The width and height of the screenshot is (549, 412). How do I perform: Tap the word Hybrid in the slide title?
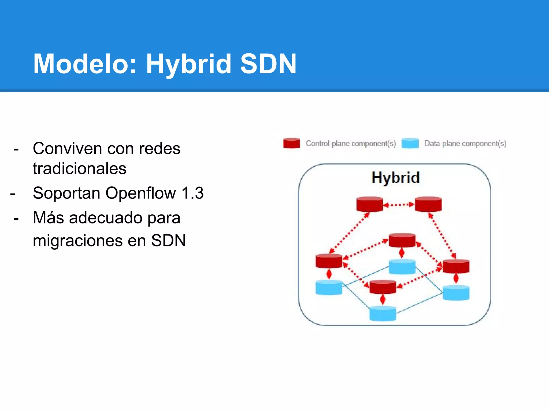[x=188, y=64]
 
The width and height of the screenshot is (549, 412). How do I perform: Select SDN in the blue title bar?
[x=268, y=64]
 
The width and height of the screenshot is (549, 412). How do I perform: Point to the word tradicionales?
[x=79, y=169]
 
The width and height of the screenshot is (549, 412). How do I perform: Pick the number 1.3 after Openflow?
[x=192, y=193]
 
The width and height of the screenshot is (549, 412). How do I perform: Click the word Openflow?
[x=140, y=193]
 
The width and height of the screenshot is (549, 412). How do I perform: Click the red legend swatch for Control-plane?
[x=291, y=143]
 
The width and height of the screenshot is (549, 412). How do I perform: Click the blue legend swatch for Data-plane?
[x=410, y=143]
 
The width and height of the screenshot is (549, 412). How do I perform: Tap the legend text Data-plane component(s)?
[x=465, y=144]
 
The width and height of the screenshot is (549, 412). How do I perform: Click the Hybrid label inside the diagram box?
[x=395, y=178]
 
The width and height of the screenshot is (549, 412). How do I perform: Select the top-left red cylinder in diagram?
[x=370, y=205]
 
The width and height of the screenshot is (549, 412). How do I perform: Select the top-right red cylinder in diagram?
[x=428, y=205]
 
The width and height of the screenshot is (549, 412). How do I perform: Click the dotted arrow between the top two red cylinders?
[x=399, y=205]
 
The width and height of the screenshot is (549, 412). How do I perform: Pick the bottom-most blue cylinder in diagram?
[x=383, y=314]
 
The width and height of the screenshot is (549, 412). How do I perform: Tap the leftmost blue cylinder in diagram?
[x=329, y=288]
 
